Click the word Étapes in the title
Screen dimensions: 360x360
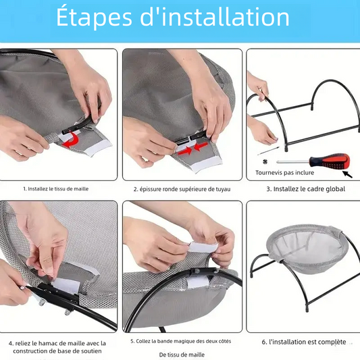pyautogui.click(x=94, y=18)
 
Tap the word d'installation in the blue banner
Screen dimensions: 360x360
pyautogui.click(x=215, y=16)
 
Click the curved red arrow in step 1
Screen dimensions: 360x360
pyautogui.click(x=72, y=139)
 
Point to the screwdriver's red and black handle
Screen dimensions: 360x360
pyautogui.click(x=330, y=160)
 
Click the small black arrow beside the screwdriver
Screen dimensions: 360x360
pyautogui.click(x=348, y=174)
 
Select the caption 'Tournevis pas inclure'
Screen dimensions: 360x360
pyautogui.click(x=285, y=173)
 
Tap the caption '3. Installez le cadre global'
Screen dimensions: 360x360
pyautogui.click(x=306, y=189)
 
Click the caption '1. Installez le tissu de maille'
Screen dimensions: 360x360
pyautogui.click(x=56, y=189)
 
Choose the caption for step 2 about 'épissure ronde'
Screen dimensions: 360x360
pyautogui.click(x=182, y=189)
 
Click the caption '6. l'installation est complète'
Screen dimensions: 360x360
pyautogui.click(x=304, y=342)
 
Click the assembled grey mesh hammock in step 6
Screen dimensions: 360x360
pyautogui.click(x=307, y=245)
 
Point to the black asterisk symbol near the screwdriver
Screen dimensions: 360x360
pyautogui.click(x=265, y=162)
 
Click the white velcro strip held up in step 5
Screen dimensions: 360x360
pyautogui.click(x=203, y=247)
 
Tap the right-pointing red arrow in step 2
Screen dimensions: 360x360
pyautogui.click(x=186, y=151)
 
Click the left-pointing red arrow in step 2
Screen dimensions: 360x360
pyautogui.click(x=201, y=146)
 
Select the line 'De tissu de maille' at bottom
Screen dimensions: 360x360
pyautogui.click(x=182, y=355)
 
